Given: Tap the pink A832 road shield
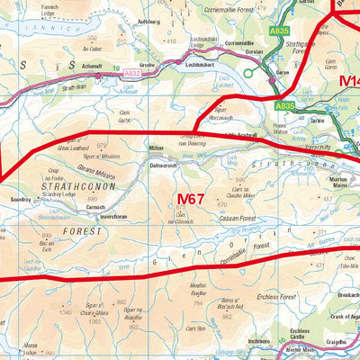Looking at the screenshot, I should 132,73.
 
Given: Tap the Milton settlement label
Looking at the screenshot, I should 157,147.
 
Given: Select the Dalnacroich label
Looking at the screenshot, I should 165,166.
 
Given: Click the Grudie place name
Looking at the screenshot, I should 173,67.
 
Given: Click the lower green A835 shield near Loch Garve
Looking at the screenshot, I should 284,106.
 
